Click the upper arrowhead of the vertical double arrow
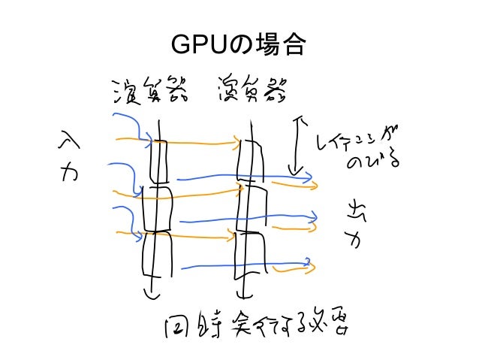click(x=300, y=119)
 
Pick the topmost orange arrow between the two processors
click(x=203, y=140)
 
